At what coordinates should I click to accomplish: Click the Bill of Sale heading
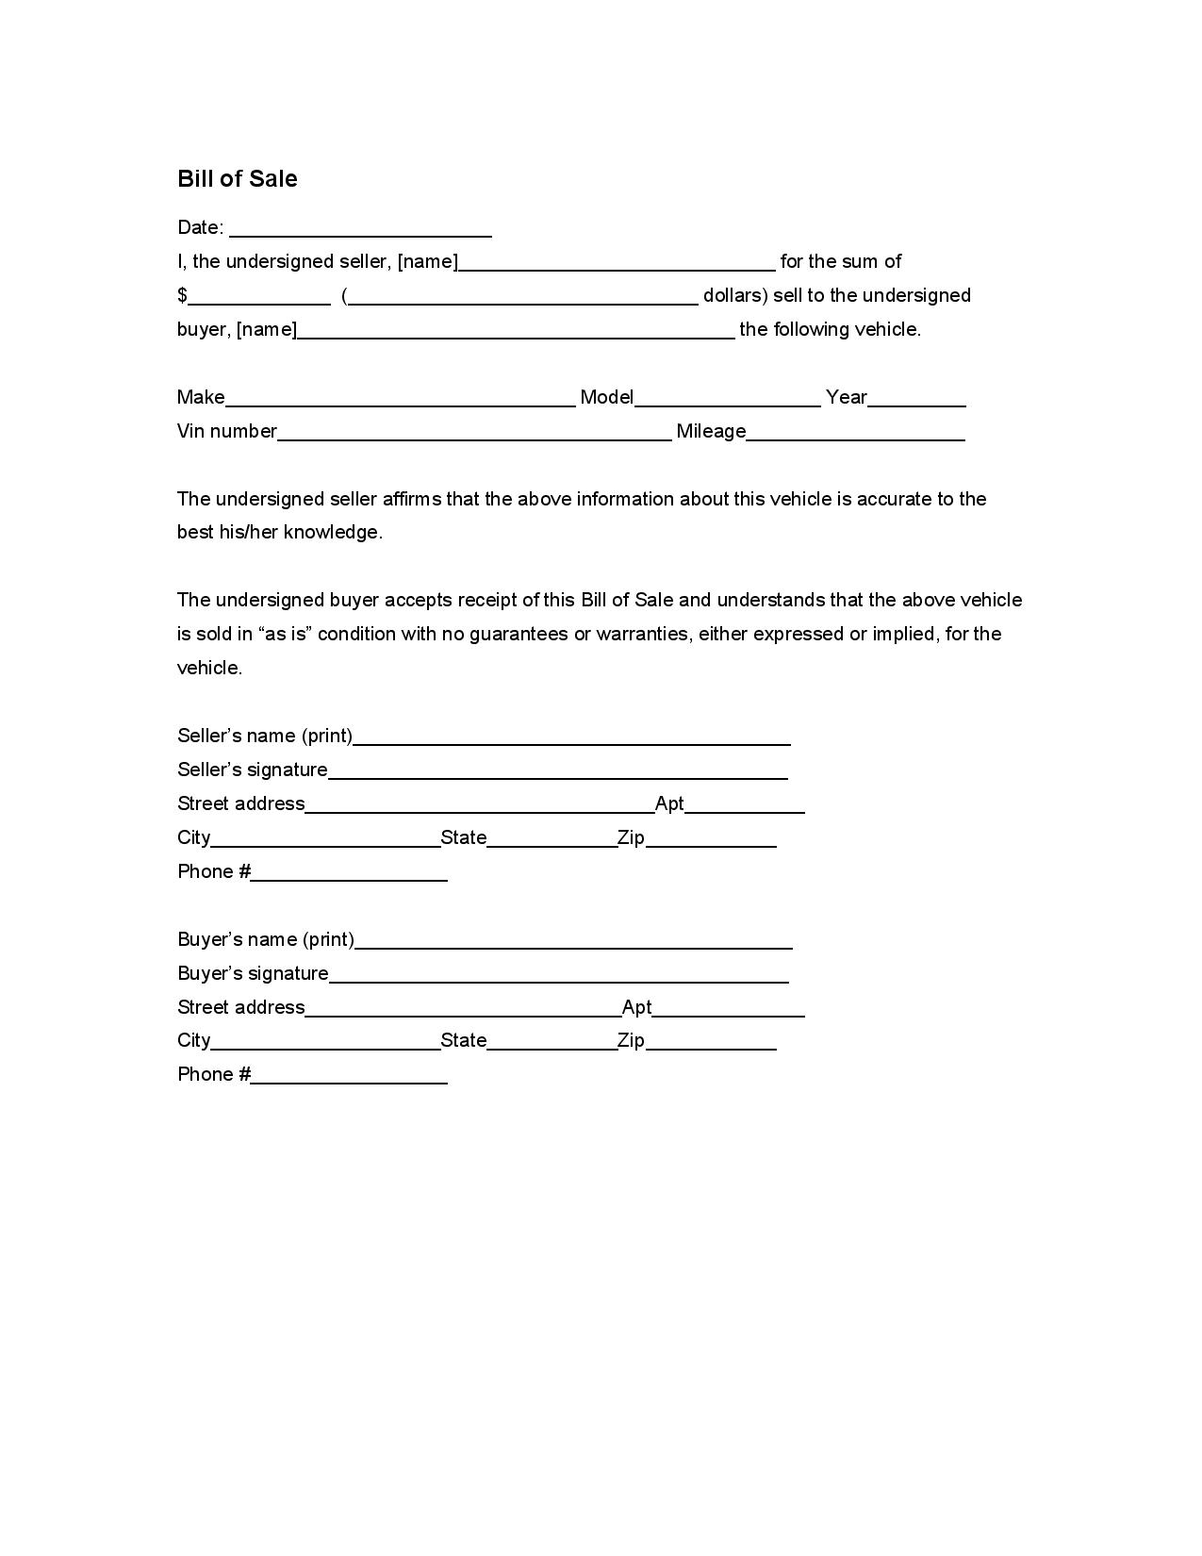point(237,179)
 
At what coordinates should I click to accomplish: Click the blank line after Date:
point(360,228)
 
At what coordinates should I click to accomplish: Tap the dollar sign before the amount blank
point(182,296)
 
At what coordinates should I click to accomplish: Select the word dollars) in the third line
point(735,296)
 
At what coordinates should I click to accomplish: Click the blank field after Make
point(401,398)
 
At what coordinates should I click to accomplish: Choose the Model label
point(606,398)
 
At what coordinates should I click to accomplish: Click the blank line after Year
point(916,398)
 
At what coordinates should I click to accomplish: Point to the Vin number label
point(226,432)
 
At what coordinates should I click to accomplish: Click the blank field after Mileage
point(855,432)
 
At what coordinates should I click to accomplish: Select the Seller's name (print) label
point(265,736)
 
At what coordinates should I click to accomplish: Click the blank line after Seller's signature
point(558,771)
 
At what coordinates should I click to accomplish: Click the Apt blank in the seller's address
point(745,804)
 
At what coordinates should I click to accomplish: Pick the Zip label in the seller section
point(631,837)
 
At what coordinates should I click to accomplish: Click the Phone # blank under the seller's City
point(349,873)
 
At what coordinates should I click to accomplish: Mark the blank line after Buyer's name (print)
point(573,940)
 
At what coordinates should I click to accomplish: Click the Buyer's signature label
point(253,973)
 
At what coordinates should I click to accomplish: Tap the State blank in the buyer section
point(552,1041)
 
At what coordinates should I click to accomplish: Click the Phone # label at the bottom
point(214,1075)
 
